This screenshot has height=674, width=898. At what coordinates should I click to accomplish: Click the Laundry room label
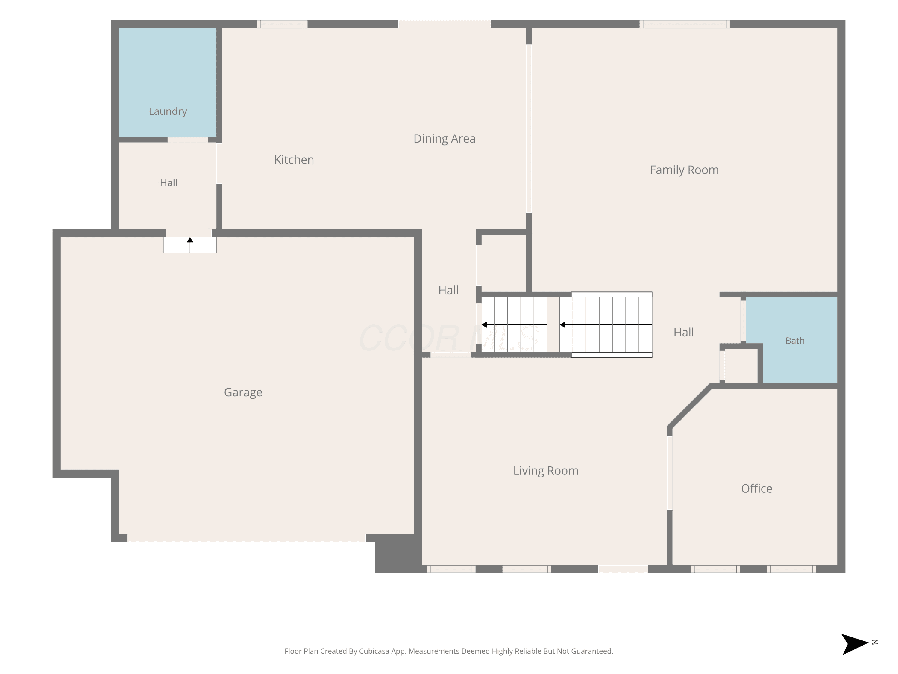pos(168,111)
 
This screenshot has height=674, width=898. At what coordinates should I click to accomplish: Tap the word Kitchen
pos(294,160)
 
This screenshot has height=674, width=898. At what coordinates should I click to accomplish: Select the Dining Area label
pos(444,138)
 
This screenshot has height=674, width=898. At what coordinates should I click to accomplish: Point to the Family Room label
pos(684,170)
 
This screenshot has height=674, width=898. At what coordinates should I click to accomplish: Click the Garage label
pos(243,392)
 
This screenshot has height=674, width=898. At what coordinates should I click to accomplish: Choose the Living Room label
pos(546,471)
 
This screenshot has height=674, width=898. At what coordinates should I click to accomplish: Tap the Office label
pos(756,488)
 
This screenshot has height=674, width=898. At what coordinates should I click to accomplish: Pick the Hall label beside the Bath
pos(684,332)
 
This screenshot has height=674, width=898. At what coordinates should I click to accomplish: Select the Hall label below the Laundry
pos(169,183)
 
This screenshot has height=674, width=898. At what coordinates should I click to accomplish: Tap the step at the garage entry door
pos(190,245)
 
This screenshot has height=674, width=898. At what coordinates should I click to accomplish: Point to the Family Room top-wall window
pos(685,24)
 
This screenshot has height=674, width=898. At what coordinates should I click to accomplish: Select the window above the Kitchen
pos(282,24)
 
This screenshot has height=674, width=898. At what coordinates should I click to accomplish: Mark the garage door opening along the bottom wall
pos(246,538)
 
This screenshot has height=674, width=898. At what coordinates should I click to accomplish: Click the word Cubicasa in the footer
pos(374,651)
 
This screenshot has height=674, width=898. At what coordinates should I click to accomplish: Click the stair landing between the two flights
pos(553,325)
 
